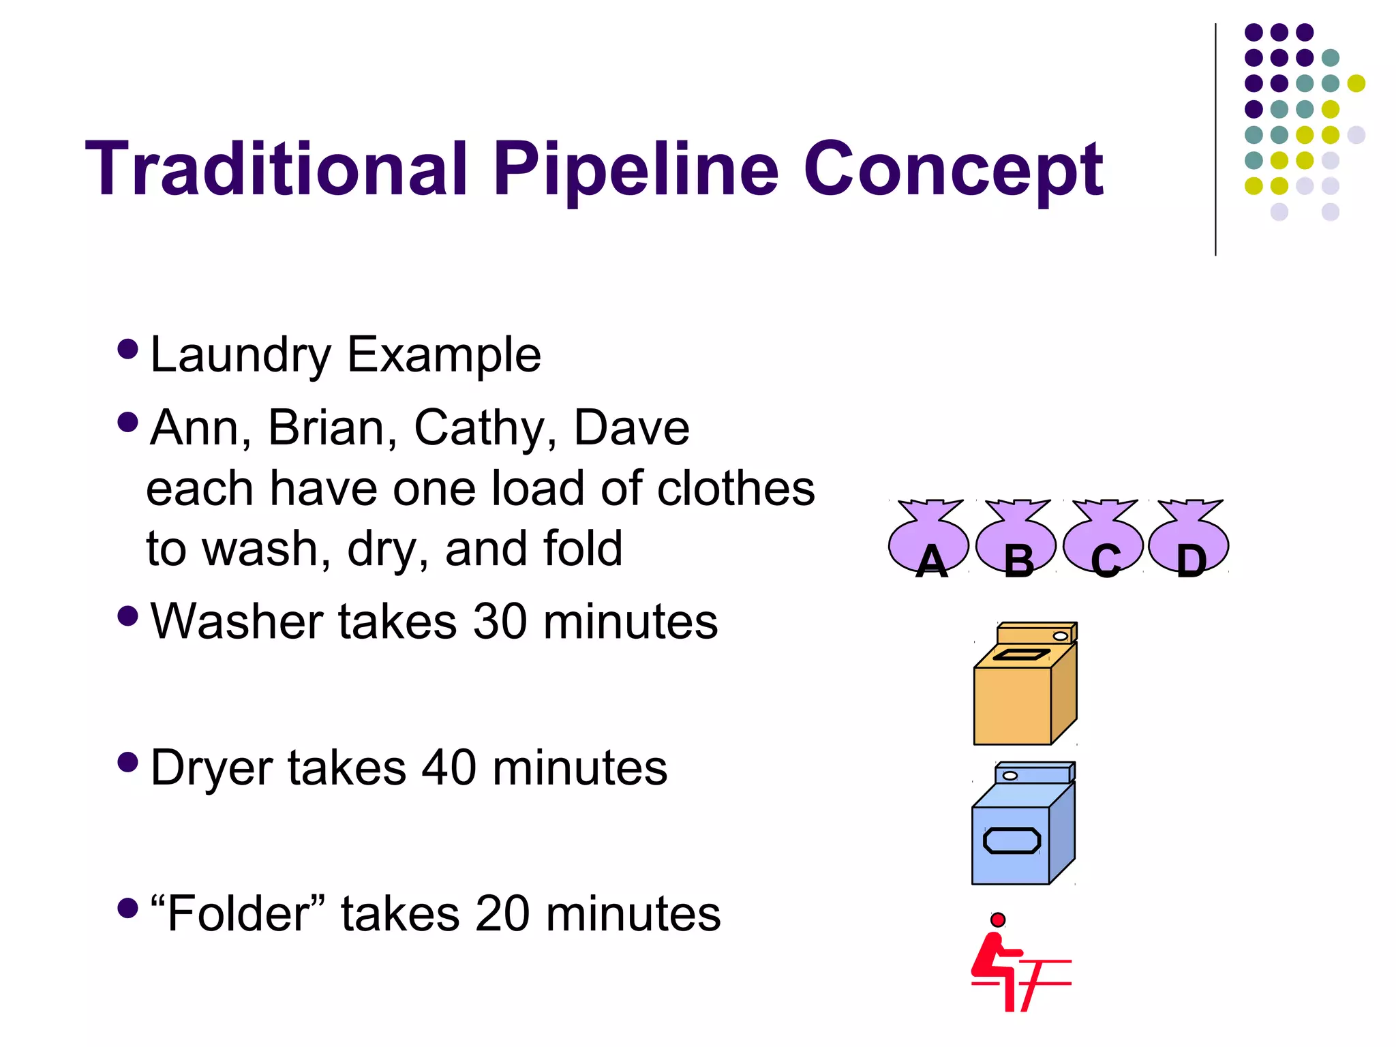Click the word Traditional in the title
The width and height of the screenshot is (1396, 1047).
(x=276, y=168)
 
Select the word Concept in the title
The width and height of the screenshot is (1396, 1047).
(x=953, y=168)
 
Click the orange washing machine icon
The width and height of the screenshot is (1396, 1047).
(x=1025, y=685)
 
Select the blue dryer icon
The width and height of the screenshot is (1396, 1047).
(x=1023, y=825)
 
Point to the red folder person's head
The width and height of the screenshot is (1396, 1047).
(x=998, y=920)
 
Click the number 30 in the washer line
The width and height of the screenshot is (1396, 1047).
(x=500, y=622)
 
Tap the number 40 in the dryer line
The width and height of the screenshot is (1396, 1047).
(x=449, y=768)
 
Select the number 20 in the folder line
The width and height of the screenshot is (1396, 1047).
(x=502, y=914)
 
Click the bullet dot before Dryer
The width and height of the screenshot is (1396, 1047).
(x=127, y=762)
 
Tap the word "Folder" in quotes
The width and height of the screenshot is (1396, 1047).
(x=238, y=914)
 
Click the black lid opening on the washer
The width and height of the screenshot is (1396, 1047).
(x=1021, y=654)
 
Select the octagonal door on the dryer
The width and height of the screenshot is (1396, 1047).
(x=1012, y=840)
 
